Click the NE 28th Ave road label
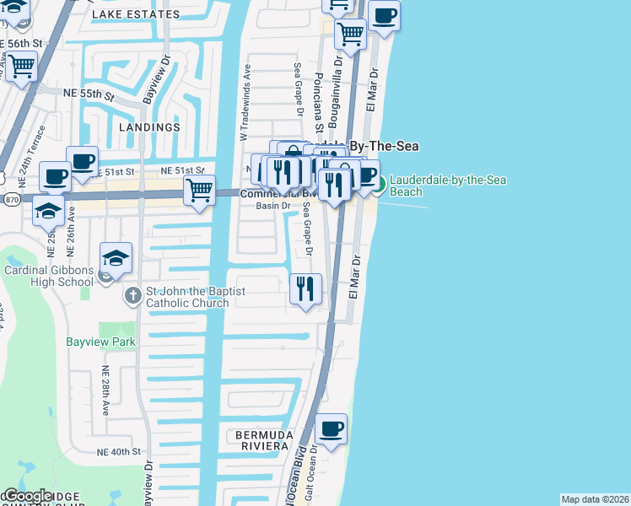tap(106, 391)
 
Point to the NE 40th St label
tap(118, 452)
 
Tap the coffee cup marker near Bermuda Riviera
tap(332, 430)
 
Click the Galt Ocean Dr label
tap(310, 473)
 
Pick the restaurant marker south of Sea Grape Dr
tap(305, 290)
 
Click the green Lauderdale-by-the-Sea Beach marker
tap(379, 185)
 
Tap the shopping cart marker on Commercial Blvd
tap(199, 191)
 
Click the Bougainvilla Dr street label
tap(337, 77)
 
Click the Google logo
tap(27, 496)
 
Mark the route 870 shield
tap(10, 200)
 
